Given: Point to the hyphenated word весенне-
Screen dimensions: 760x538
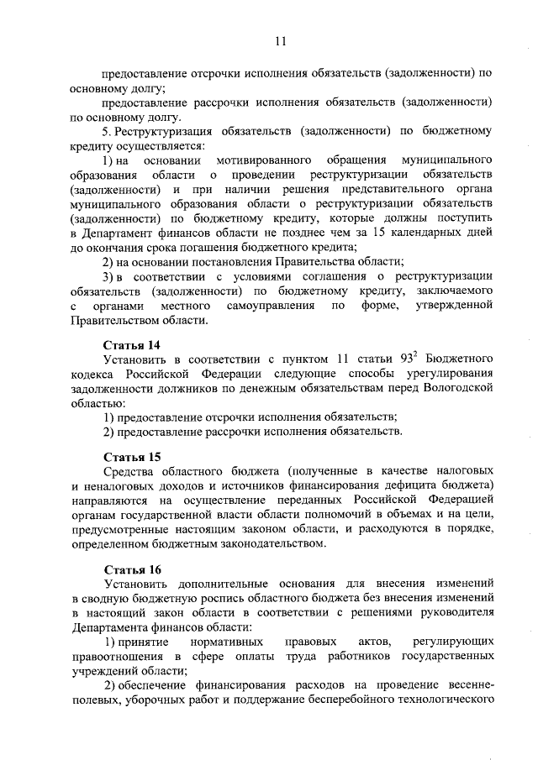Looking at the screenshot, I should (x=462, y=686).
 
